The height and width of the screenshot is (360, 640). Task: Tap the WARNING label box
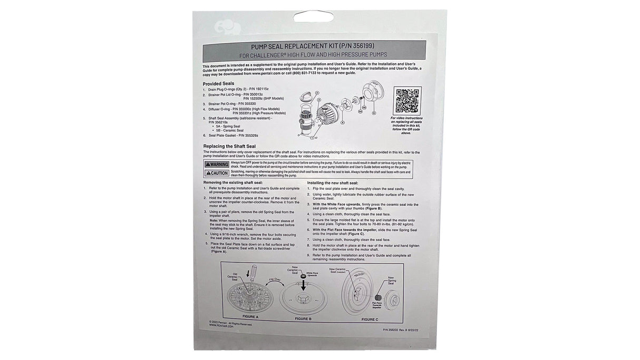(217, 164)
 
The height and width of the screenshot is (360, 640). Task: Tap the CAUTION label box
(217, 173)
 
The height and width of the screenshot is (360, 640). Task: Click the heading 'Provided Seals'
(218, 83)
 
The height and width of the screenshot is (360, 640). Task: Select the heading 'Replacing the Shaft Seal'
(230, 146)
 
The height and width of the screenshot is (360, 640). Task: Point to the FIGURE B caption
(303, 319)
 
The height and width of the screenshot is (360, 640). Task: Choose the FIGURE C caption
(370, 319)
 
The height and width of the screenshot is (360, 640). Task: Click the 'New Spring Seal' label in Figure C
(391, 280)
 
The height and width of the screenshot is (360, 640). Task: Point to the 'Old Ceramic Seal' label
(232, 277)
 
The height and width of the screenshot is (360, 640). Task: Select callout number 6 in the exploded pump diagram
(373, 113)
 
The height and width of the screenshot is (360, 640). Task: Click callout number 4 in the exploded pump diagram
(342, 122)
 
